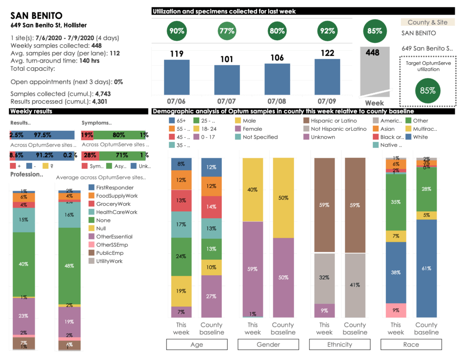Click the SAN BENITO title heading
[x=37, y=15]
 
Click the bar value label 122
[x=327, y=53]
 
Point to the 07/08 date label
[x=277, y=100]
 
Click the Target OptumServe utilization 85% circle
[x=427, y=90]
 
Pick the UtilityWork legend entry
[x=110, y=261]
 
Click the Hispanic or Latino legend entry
[x=333, y=121]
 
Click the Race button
[x=411, y=344]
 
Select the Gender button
[x=268, y=344]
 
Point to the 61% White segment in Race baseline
[x=426, y=269]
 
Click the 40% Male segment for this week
[x=253, y=190]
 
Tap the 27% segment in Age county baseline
[x=212, y=296]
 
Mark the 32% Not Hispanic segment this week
[x=324, y=277]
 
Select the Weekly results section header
[x=31, y=111]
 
